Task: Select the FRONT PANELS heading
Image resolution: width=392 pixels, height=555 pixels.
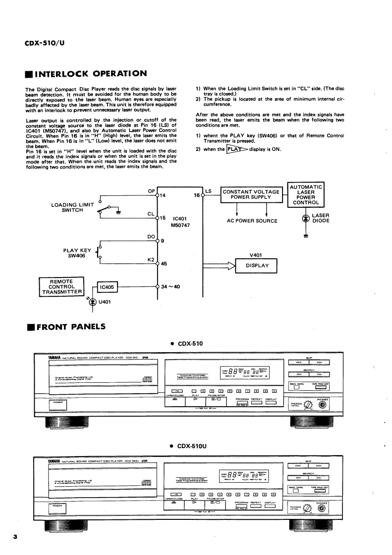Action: pyautogui.click(x=71, y=326)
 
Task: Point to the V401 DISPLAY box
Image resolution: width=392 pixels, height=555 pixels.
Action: pyautogui.click(x=257, y=265)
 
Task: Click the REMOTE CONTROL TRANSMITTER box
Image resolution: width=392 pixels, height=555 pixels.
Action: pyautogui.click(x=62, y=286)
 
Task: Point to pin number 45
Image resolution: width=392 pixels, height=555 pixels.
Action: pyautogui.click(x=164, y=264)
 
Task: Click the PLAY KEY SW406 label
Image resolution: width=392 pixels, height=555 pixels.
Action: pyautogui.click(x=78, y=253)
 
